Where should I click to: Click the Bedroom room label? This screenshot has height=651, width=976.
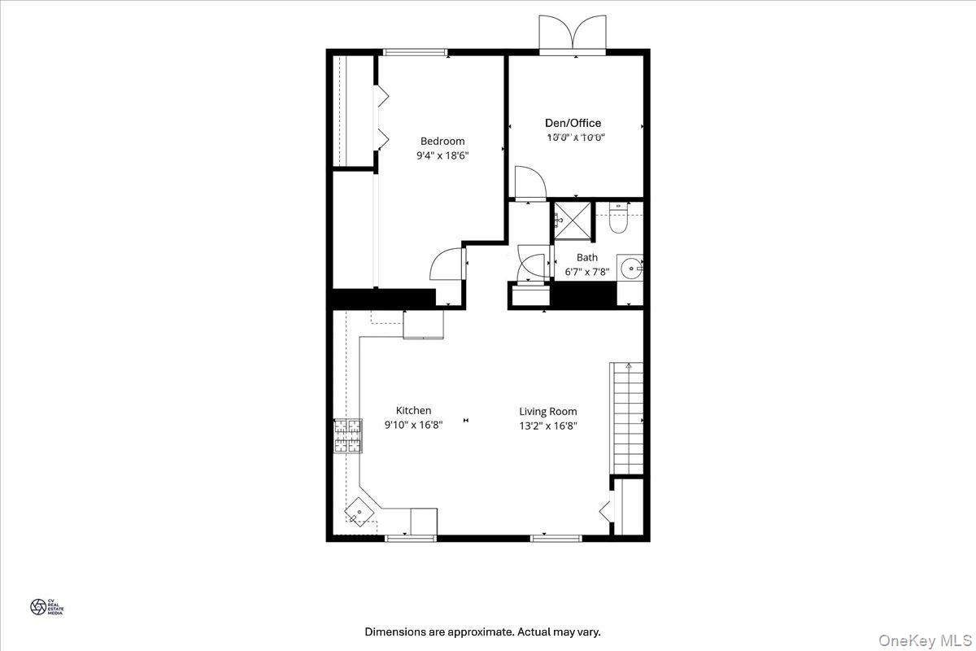tap(442, 141)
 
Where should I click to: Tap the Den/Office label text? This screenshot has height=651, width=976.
tap(573, 123)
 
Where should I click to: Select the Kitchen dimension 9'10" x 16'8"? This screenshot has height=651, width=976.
tap(413, 425)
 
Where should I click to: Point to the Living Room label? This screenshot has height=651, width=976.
tap(548, 412)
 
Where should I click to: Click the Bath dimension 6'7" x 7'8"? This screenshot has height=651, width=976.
tap(586, 272)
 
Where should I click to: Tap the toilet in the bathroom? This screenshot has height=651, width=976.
tap(619, 218)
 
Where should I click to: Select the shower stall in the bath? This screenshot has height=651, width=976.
tap(573, 221)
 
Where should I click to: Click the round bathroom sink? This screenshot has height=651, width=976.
tap(630, 267)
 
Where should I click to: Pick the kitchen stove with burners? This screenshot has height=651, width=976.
tap(347, 435)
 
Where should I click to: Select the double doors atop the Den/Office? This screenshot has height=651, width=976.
tap(573, 33)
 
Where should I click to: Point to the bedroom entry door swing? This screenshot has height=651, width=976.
tap(447, 264)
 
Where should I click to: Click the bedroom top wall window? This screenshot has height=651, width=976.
tap(415, 53)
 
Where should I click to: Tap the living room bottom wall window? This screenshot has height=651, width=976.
tap(556, 538)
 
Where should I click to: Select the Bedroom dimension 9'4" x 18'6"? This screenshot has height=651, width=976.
tap(442, 155)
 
